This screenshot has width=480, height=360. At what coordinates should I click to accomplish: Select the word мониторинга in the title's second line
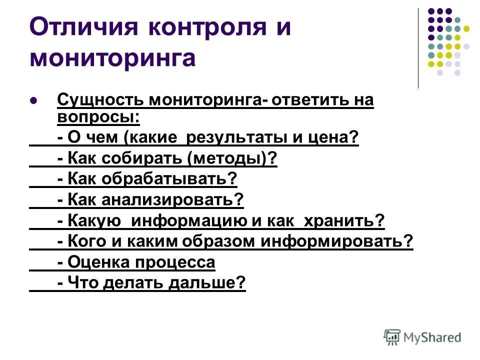tap(112, 58)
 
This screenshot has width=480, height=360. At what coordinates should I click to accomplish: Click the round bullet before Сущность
tap(34, 100)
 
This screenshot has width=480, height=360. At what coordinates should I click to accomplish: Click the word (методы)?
tap(231, 159)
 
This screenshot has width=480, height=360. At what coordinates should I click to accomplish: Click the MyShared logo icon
tap(391, 337)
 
